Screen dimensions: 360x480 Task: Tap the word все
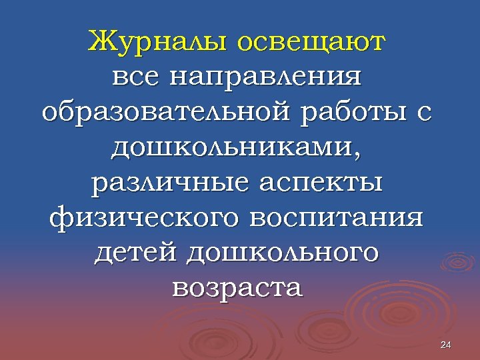[x=137, y=77]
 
